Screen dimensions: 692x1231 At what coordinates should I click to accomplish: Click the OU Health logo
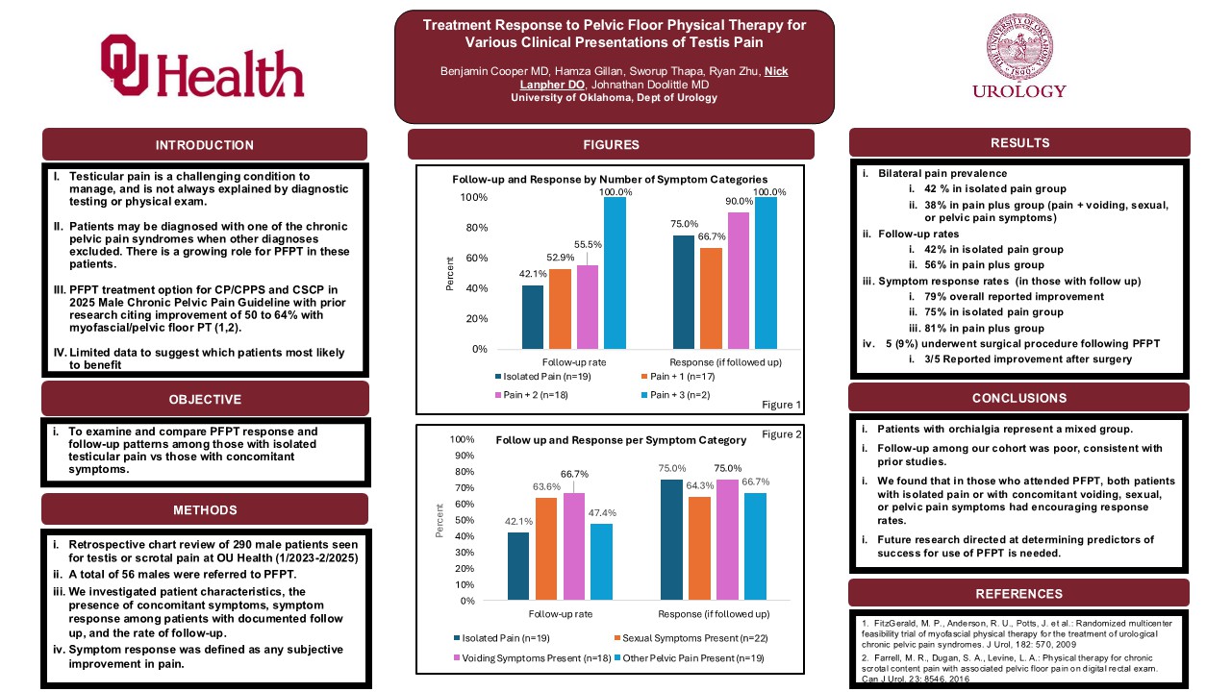[202, 66]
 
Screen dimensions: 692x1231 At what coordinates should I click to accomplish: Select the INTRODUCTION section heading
[205, 145]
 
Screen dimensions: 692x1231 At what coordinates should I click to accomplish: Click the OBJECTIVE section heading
[205, 399]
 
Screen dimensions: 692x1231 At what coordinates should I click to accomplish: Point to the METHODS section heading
[205, 509]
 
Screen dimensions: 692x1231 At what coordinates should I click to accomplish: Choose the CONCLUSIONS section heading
[1019, 398]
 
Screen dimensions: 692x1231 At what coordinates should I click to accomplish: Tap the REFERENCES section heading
[1019, 594]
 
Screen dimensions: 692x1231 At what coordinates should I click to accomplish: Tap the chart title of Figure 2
[620, 440]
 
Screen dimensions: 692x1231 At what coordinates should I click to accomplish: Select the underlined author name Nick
[775, 71]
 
